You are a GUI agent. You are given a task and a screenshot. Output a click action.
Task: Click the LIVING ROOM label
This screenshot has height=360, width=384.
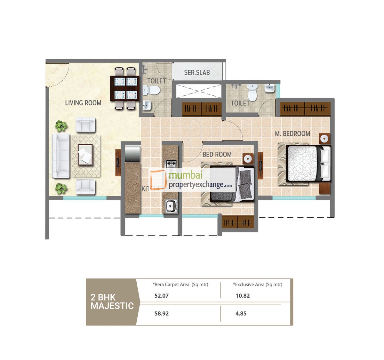pyautogui.click(x=83, y=103)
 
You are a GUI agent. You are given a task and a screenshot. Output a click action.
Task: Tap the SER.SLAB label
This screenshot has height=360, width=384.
pyautogui.click(x=197, y=73)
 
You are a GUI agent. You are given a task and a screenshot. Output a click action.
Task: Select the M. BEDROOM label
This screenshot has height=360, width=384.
pyautogui.click(x=292, y=134)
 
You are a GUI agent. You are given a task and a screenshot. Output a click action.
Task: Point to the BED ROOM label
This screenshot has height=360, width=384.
pyautogui.click(x=217, y=155)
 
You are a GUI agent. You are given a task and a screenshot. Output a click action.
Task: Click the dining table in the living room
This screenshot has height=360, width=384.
pyautogui.click(x=125, y=88)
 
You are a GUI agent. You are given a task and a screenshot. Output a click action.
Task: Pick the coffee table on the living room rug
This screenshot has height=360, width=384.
pyautogui.click(x=85, y=155)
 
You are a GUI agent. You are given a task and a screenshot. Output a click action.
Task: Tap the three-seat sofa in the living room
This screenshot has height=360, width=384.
pyautogui.click(x=61, y=156)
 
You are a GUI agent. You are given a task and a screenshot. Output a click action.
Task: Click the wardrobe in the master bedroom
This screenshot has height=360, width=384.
pyautogui.click(x=305, y=108)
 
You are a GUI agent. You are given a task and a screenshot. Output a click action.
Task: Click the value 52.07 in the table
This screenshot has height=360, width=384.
pyautogui.click(x=161, y=296)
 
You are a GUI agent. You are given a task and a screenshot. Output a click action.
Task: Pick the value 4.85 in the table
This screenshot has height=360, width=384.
pyautogui.click(x=241, y=314)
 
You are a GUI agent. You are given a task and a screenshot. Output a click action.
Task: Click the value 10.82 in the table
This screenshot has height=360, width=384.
pyautogui.click(x=243, y=296)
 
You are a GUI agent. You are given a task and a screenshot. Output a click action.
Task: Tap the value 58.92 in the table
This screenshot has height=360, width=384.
pyautogui.click(x=161, y=314)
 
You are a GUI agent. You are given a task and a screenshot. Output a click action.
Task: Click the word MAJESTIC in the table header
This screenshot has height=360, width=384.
pyautogui.click(x=112, y=306)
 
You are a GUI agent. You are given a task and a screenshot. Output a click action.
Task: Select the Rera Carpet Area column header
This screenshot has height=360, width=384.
pyautogui.click(x=180, y=284)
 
